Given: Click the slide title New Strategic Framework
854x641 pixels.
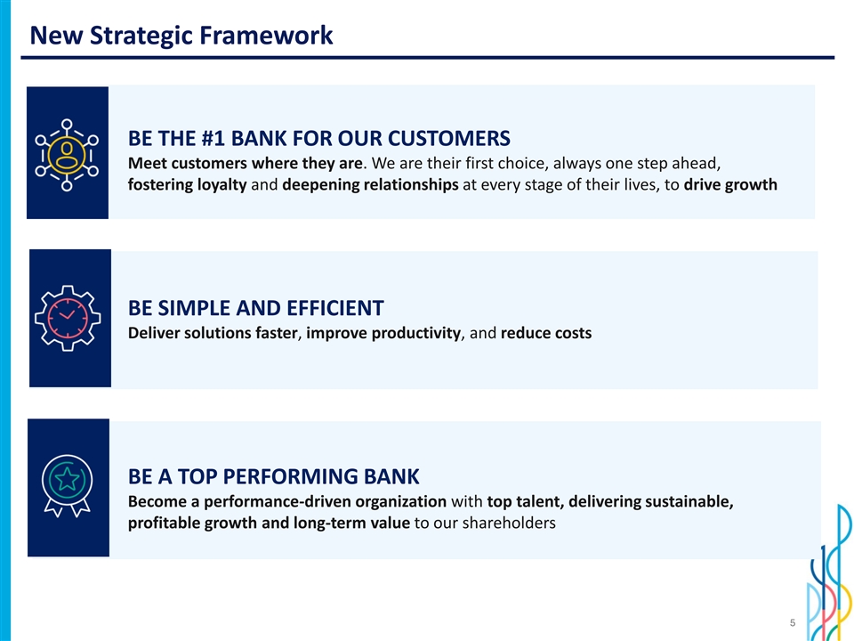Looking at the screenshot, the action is click(181, 36).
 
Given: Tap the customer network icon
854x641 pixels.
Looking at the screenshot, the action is click(67, 155).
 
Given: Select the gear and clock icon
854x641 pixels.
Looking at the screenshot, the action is click(68, 318).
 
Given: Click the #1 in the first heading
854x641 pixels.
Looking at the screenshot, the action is click(213, 139).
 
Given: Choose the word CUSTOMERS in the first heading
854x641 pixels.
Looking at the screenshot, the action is click(448, 139).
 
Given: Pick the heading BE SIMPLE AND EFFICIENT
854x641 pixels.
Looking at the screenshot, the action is click(256, 308).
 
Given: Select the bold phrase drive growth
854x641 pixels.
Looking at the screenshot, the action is click(730, 185).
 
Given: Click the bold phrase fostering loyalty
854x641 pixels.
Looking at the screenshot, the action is click(188, 185).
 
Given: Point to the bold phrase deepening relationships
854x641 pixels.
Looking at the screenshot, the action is click(370, 185).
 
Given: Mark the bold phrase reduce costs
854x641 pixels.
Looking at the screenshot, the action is click(546, 333).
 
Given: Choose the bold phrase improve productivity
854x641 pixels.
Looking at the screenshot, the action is click(383, 333).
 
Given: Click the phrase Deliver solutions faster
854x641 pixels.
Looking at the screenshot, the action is click(213, 333).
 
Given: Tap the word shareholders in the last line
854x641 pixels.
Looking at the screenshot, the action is click(509, 523).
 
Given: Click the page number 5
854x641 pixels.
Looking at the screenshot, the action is click(793, 622).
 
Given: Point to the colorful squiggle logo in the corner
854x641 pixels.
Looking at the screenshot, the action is click(830, 572).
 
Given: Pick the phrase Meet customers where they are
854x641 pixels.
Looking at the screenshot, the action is click(246, 164).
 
